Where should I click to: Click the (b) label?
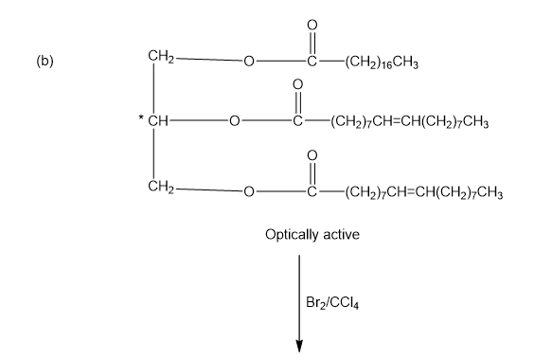tap(45, 62)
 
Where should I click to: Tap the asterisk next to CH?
tap(141, 117)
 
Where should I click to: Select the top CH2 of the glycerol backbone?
tap(161, 57)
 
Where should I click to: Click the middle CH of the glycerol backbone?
tap(158, 121)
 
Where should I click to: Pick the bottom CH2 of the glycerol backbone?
tap(161, 187)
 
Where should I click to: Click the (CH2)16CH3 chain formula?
tap(382, 63)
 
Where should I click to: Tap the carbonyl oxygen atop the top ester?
tap(312, 25)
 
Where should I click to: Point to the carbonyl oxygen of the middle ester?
tap(297, 84)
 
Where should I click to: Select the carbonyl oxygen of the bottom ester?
tap(312, 155)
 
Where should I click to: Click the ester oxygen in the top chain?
tap(248, 62)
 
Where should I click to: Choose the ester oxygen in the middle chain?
tap(234, 121)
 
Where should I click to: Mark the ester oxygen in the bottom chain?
tap(248, 191)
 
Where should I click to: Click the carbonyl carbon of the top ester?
tap(312, 62)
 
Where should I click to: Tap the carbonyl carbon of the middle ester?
tap(297, 121)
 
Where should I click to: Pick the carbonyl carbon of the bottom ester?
tap(312, 191)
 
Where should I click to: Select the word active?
tap(341, 235)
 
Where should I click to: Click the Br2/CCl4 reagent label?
tap(332, 303)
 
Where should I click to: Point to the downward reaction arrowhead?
tap(299, 346)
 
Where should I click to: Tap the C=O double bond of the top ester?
tap(312, 44)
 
